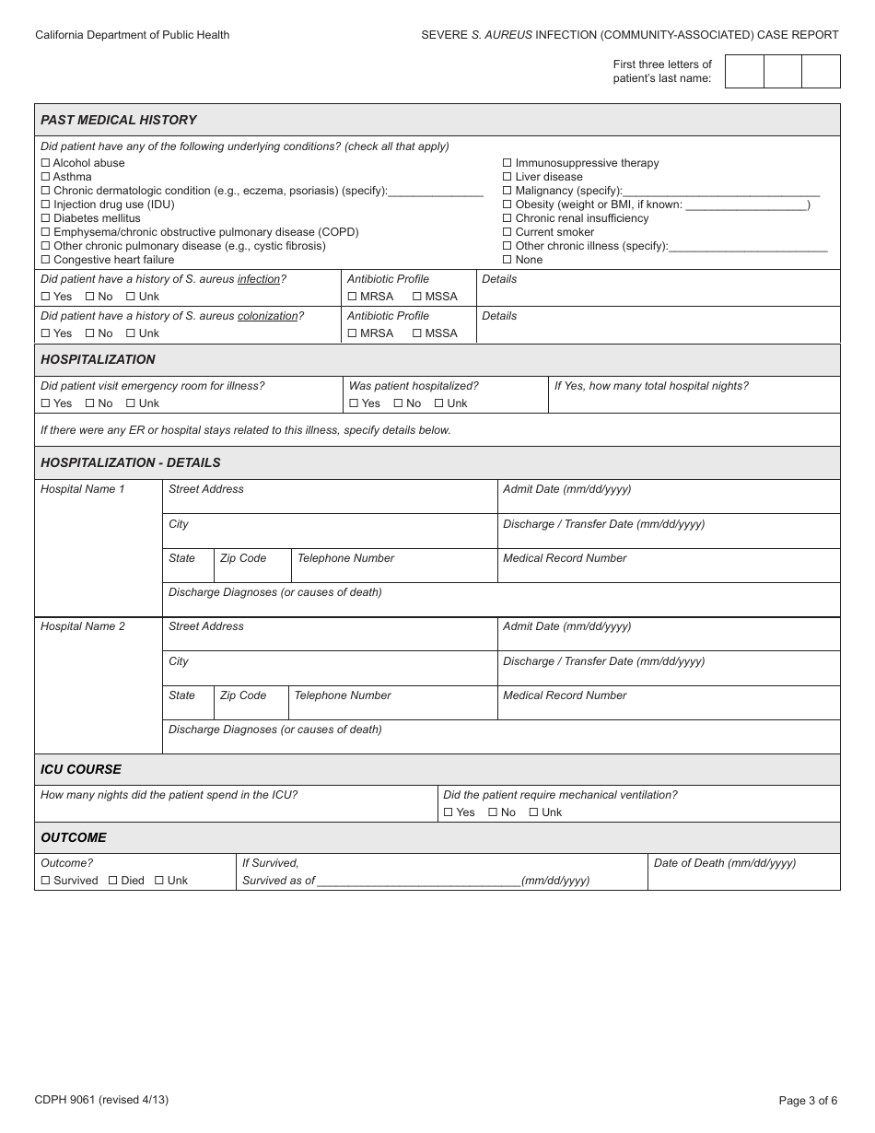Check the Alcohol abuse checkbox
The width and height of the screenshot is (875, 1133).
[45, 163]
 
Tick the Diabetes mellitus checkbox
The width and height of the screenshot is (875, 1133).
[45, 218]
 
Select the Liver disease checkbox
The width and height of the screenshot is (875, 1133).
[507, 177]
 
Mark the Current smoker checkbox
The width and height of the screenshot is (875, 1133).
[507, 232]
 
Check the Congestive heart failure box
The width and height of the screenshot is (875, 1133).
[45, 260]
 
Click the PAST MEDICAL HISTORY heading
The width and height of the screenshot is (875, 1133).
[119, 120]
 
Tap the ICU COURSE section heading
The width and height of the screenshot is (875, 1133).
[81, 769]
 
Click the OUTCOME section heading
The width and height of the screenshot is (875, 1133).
[74, 837]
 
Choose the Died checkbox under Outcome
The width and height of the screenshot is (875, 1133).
[112, 881]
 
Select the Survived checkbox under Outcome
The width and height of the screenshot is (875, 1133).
[45, 881]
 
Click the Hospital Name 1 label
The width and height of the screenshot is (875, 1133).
[83, 489]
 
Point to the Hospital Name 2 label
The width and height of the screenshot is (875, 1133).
[83, 626]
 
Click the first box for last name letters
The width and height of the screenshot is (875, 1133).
[744, 71]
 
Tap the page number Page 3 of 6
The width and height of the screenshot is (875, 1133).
[808, 1100]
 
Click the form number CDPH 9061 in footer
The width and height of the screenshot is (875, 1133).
[101, 1100]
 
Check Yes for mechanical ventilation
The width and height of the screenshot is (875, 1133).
[448, 812]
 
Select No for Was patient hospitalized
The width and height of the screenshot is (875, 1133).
[398, 403]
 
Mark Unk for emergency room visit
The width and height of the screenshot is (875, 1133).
[130, 403]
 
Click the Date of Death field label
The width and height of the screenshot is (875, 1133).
[725, 863]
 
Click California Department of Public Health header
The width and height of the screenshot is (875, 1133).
[133, 35]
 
